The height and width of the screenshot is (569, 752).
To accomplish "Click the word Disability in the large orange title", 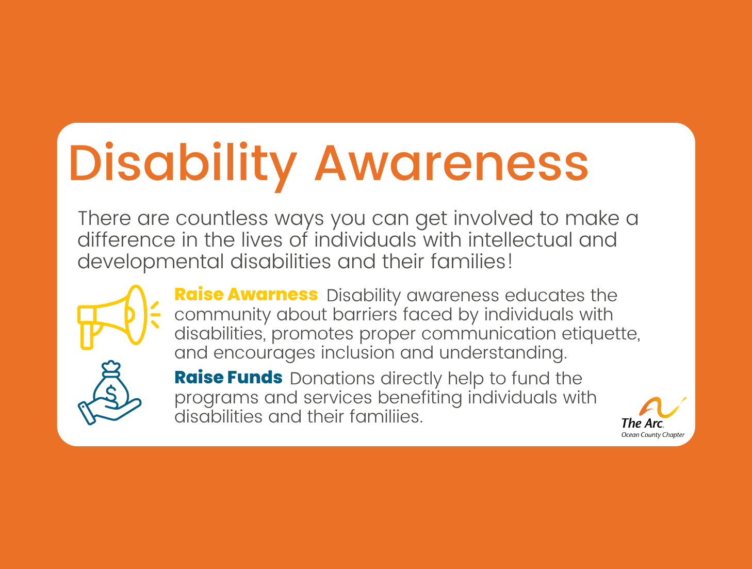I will point(182,162).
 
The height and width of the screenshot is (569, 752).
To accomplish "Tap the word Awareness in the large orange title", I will point(451,162).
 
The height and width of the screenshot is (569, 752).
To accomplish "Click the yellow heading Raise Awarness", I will point(246,295).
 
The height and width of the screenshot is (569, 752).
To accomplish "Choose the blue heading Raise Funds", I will point(228,378).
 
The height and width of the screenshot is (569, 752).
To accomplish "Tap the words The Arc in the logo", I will point(642,424).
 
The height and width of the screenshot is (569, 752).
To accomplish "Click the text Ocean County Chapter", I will point(652,435).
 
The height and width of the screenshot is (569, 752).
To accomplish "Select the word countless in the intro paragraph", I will point(222,218).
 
